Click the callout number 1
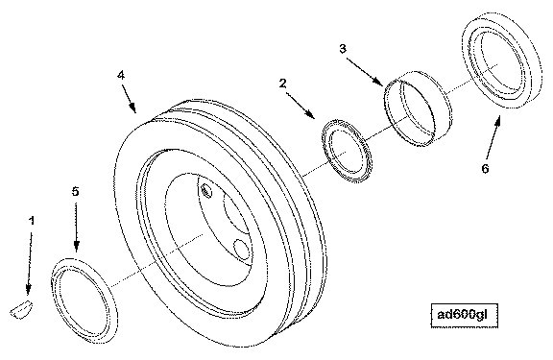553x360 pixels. (x=32, y=221)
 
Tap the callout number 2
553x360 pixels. (x=283, y=84)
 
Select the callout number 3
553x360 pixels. (x=343, y=49)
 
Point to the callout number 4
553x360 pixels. (x=121, y=75)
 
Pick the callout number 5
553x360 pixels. (x=76, y=191)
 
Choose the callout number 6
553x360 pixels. (x=485, y=169)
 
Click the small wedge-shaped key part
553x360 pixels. (x=21, y=309)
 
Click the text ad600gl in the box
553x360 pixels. (x=463, y=315)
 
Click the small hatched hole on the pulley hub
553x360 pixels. (x=206, y=191)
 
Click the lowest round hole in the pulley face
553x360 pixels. (x=242, y=250)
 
